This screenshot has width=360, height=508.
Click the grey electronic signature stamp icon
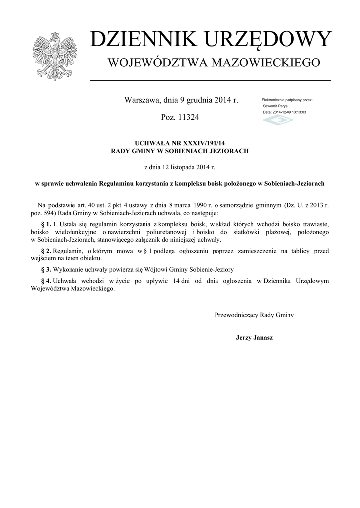point(278,120)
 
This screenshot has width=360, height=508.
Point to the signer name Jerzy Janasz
point(254,338)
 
